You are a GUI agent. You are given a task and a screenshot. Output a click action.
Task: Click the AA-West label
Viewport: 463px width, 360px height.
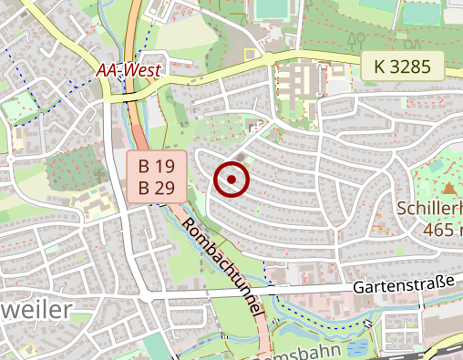129,69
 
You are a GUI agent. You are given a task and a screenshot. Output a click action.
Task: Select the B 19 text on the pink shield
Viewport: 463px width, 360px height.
156,167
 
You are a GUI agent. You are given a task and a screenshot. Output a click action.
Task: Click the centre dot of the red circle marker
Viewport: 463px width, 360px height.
231,180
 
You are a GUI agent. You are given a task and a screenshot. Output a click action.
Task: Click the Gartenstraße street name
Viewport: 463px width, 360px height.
403,285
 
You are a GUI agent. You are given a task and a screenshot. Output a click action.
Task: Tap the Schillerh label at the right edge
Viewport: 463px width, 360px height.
429,208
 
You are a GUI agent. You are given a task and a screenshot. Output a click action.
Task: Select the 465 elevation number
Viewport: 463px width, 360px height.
436,228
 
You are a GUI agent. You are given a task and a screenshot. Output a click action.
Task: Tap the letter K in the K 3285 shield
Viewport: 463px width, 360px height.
379,66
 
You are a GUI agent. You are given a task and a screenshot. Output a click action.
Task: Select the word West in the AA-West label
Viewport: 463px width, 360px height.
142,69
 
